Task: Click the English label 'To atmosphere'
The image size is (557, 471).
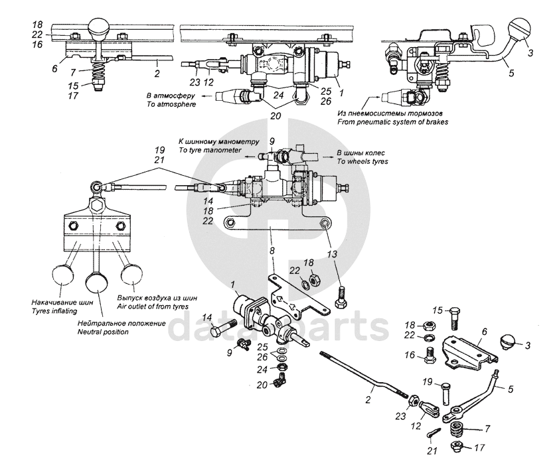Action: pos(171,104)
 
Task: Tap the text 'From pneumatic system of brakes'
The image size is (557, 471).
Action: pos(392,122)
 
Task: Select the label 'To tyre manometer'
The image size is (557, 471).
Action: pos(210,150)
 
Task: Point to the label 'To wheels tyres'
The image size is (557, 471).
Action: pos(362,161)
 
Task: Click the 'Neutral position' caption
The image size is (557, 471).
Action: pos(103,332)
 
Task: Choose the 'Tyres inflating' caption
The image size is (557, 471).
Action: pos(54,311)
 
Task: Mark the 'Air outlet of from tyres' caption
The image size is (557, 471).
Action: pos(153,306)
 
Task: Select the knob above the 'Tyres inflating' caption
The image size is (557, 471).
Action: pos(62,275)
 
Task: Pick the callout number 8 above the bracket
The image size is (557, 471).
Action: pos(272,251)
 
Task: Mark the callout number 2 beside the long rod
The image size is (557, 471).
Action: pos(368,400)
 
